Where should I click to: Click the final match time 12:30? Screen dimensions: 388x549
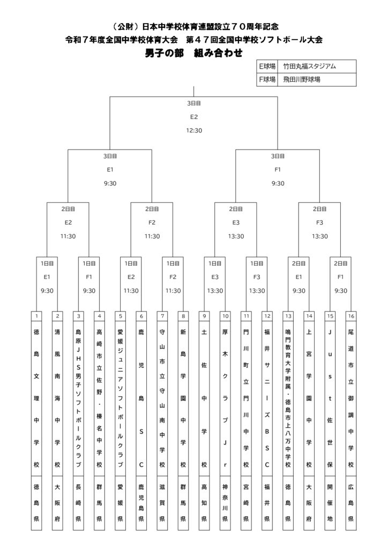pyautogui.click(x=194, y=130)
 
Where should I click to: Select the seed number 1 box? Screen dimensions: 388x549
pyautogui.click(x=36, y=316)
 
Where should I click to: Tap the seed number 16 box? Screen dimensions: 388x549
pyautogui.click(x=351, y=316)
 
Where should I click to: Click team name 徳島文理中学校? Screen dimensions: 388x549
pyautogui.click(x=36, y=398)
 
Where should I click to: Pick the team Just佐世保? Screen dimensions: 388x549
pyautogui.click(x=330, y=398)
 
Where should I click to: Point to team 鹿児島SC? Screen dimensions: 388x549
pyautogui.click(x=141, y=398)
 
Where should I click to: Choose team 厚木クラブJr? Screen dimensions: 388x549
pyautogui.click(x=225, y=398)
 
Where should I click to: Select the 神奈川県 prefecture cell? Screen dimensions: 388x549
pyautogui.click(x=225, y=503)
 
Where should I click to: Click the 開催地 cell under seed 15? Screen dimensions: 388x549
pyautogui.click(x=330, y=503)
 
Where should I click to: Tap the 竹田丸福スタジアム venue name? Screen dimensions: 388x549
pyautogui.click(x=309, y=66)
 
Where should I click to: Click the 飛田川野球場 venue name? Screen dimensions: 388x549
pyautogui.click(x=302, y=79)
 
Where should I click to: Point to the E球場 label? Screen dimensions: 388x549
pyautogui.click(x=267, y=66)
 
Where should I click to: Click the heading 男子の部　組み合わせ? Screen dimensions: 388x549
pyautogui.click(x=194, y=53)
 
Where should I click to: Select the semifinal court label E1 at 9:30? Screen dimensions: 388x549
pyautogui.click(x=110, y=169)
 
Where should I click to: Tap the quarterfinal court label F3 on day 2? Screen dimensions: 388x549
pyautogui.click(x=319, y=222)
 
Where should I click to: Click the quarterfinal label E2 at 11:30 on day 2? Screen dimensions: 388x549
pyautogui.click(x=68, y=222)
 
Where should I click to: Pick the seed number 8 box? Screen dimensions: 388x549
pyautogui.click(x=183, y=316)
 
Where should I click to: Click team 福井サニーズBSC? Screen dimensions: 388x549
pyautogui.click(x=267, y=398)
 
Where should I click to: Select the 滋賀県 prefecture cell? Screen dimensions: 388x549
pyautogui.click(x=162, y=503)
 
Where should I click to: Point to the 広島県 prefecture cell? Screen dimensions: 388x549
pyautogui.click(x=351, y=503)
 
